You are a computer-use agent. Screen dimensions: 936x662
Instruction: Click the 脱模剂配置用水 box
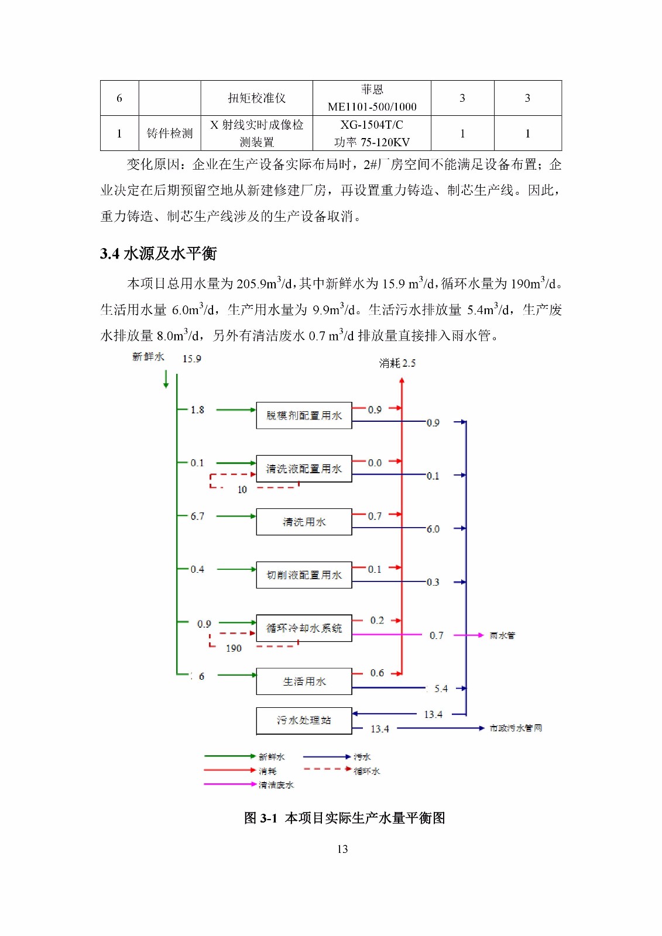tap(304, 415)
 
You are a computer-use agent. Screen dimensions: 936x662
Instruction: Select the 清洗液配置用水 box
tap(304, 469)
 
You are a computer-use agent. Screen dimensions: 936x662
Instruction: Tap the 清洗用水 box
tap(304, 522)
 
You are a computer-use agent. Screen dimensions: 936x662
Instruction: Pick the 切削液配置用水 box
tap(304, 575)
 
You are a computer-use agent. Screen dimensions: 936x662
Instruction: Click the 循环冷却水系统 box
tap(304, 628)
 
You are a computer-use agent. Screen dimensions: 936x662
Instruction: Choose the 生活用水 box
tap(304, 682)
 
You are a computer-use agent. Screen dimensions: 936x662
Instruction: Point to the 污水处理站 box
tap(304, 721)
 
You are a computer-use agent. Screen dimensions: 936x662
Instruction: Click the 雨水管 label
tap(502, 635)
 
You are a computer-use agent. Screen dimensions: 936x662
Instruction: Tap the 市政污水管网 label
tap(516, 728)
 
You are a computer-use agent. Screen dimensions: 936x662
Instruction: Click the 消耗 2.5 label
tap(397, 363)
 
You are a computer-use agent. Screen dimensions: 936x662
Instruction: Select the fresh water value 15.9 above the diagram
tap(191, 359)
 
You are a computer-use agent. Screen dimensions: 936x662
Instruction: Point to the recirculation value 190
tap(234, 648)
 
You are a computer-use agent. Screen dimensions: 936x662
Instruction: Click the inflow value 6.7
tap(197, 516)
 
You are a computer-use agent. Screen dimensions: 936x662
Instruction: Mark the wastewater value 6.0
tap(433, 529)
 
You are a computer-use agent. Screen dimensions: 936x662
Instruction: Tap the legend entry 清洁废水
tap(276, 785)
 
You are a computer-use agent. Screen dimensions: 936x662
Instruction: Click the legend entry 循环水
tap(366, 771)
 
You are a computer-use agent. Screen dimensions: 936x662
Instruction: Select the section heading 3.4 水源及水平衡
tap(158, 253)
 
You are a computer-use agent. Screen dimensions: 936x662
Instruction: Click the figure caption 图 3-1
tap(344, 818)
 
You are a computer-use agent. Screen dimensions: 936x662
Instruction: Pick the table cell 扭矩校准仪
tap(256, 98)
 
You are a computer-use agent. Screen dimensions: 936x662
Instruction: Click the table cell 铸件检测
tap(169, 133)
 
